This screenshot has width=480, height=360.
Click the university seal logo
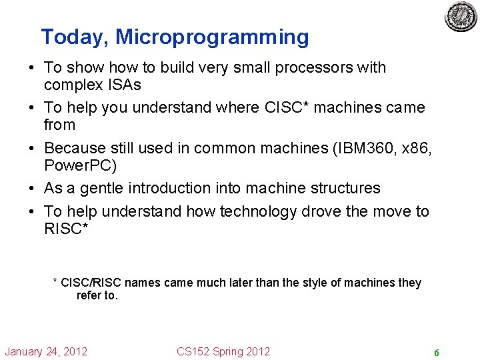coord(461,17)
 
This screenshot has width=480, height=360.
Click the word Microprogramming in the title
coord(213,37)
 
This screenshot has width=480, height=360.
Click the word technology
coord(251,211)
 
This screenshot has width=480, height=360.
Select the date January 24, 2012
coord(47,351)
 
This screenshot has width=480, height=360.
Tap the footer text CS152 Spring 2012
coord(223,351)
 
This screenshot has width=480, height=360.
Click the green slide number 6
coord(436,352)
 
